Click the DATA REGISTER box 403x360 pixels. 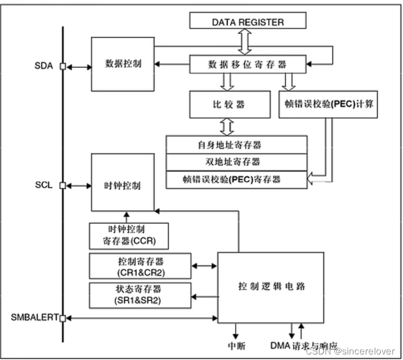point(248,22)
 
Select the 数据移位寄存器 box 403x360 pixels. point(248,64)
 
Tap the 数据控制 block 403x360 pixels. point(123,64)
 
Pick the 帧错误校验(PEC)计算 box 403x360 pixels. point(328,105)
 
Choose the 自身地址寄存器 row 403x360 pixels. point(237,145)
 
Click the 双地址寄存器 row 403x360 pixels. point(237,163)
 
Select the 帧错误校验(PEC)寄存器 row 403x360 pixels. point(237,179)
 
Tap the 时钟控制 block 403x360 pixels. point(123,185)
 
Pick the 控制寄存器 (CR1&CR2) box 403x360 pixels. point(140,266)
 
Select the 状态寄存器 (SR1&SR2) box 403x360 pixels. point(140,295)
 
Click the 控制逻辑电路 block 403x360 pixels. point(271,287)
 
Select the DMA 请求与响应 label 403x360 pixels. point(303,346)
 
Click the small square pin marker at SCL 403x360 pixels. point(62,185)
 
